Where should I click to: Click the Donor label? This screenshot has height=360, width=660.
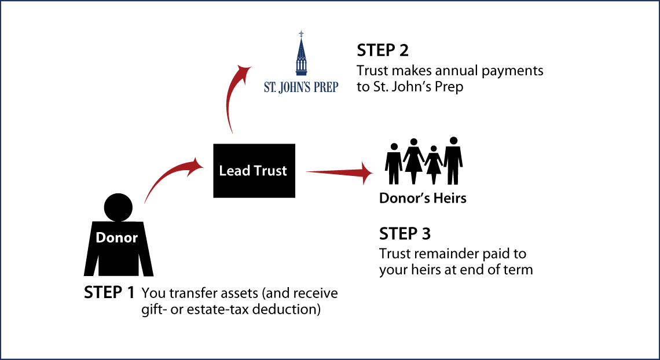click(116, 237)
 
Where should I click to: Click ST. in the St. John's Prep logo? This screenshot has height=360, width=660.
click(270, 87)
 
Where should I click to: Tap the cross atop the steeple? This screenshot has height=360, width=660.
click(300, 34)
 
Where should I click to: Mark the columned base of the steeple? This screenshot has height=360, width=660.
click(300, 68)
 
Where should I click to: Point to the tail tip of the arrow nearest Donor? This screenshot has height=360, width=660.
click(145, 203)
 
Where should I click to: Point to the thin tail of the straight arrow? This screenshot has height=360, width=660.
click(308, 172)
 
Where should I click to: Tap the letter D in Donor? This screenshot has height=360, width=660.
click(100, 237)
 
